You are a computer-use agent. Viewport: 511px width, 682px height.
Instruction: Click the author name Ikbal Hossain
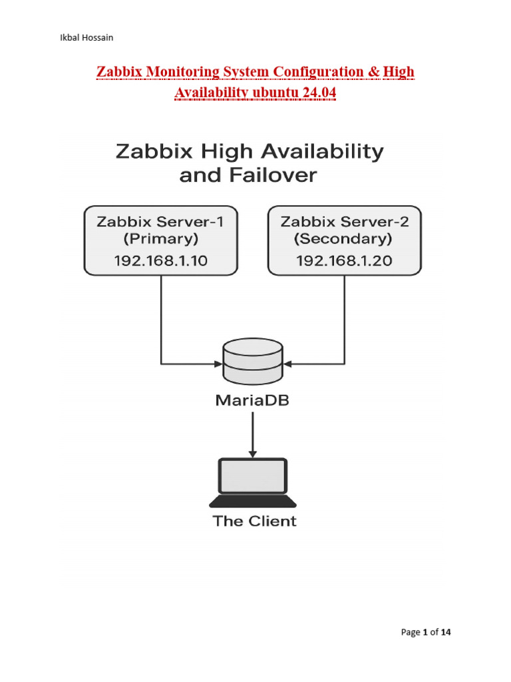(86, 37)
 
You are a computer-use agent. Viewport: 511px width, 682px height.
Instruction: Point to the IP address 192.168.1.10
(160, 260)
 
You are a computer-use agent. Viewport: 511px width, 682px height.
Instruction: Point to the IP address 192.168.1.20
(344, 260)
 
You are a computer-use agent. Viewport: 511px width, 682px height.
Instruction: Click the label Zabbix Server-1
(160, 222)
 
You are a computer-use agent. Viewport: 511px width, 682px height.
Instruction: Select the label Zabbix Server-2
(344, 222)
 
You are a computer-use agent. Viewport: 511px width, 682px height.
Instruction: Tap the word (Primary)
(160, 238)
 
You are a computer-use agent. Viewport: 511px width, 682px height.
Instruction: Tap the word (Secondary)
(344, 238)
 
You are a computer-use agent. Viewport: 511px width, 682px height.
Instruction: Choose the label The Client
(254, 521)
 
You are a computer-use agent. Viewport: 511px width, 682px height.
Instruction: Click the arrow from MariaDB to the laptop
(253, 433)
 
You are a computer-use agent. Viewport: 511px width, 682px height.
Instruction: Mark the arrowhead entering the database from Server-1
(219, 364)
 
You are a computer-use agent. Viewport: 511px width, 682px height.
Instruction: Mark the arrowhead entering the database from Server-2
(287, 364)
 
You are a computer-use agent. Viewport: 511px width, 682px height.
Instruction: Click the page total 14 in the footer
(445, 632)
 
